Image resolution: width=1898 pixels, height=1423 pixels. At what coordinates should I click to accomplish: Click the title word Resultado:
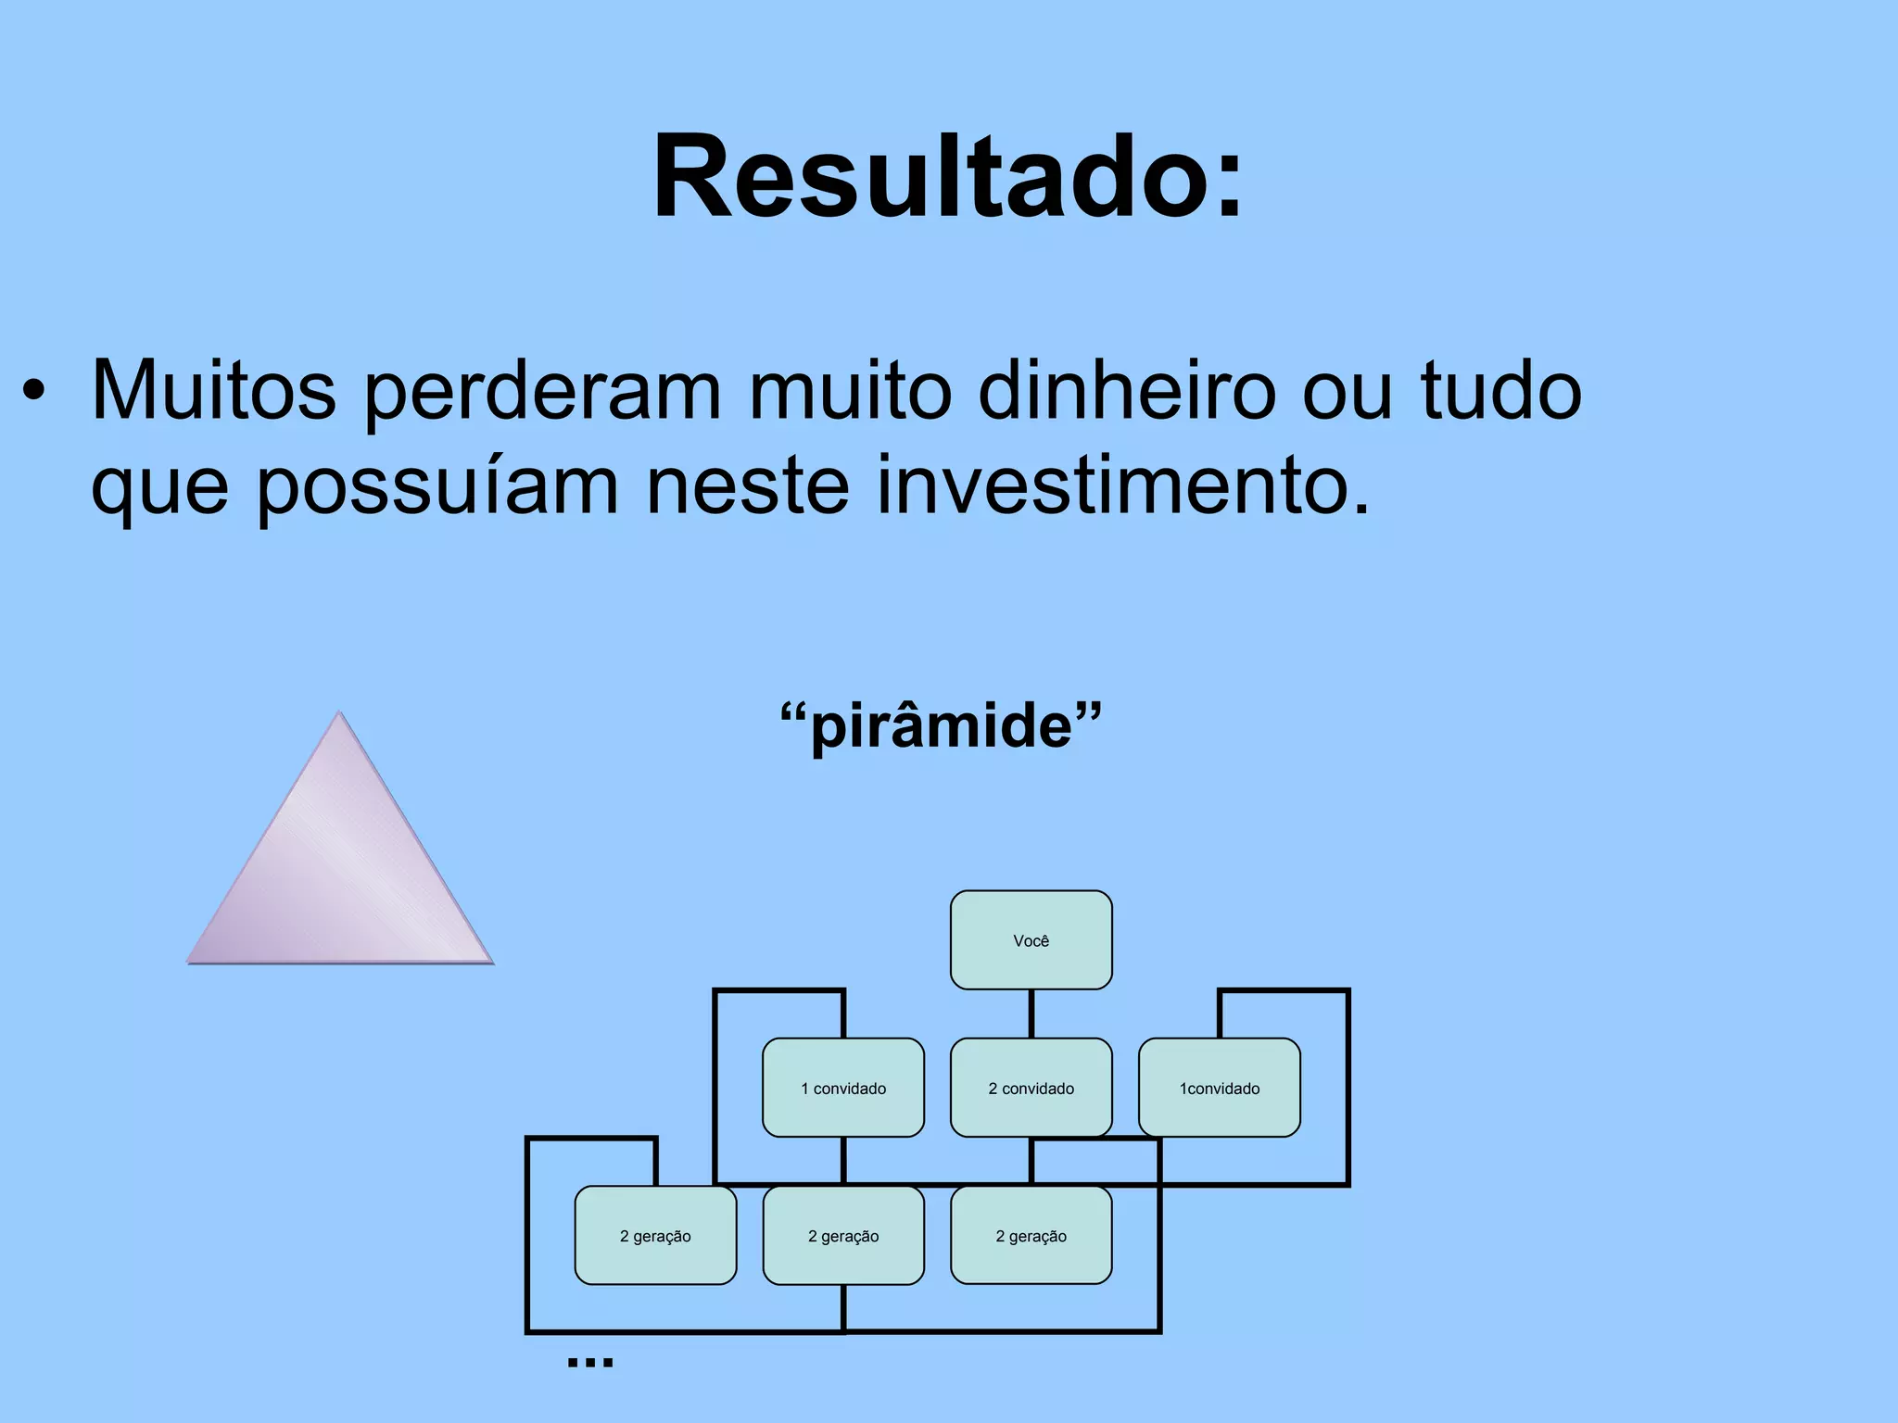(x=947, y=176)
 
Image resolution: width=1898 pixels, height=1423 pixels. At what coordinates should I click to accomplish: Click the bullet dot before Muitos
(x=34, y=392)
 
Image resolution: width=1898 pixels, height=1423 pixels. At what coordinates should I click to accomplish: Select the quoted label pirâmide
(x=941, y=726)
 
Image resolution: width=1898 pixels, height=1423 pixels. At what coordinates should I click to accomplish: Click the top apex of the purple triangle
(x=339, y=714)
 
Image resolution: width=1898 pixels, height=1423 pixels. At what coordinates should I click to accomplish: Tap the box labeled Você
(x=1031, y=940)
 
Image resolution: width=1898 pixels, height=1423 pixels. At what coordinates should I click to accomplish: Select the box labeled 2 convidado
(x=1031, y=1088)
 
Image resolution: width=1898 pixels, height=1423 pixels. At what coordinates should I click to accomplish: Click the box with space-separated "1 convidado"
(x=842, y=1088)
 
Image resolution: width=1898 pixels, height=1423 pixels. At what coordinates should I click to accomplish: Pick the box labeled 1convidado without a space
(x=1219, y=1088)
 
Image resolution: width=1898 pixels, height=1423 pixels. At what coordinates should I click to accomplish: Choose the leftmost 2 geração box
(x=655, y=1235)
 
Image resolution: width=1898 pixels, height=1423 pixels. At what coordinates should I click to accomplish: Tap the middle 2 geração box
(x=842, y=1235)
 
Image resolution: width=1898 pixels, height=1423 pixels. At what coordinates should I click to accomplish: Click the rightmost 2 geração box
(x=1031, y=1235)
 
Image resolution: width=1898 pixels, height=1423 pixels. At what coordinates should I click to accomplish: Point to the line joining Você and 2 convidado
(x=1031, y=1014)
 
